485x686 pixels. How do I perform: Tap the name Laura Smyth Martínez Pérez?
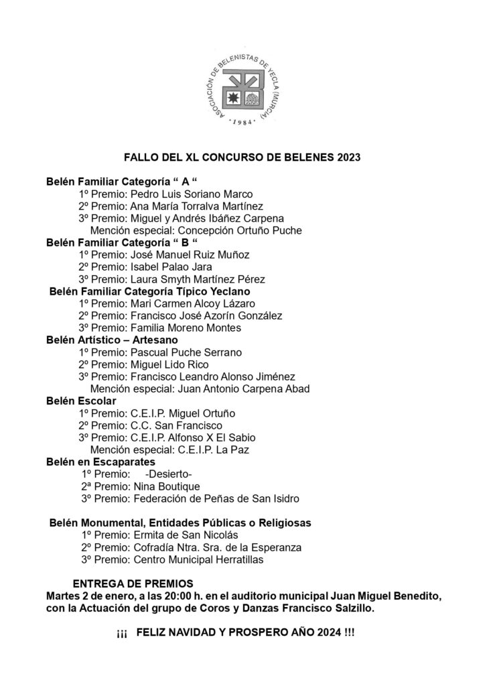point(199,279)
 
